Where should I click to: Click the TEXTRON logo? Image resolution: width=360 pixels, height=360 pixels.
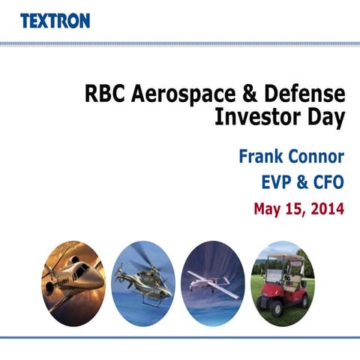pyautogui.click(x=55, y=20)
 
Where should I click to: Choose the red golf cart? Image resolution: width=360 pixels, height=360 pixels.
pyautogui.click(x=283, y=285)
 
